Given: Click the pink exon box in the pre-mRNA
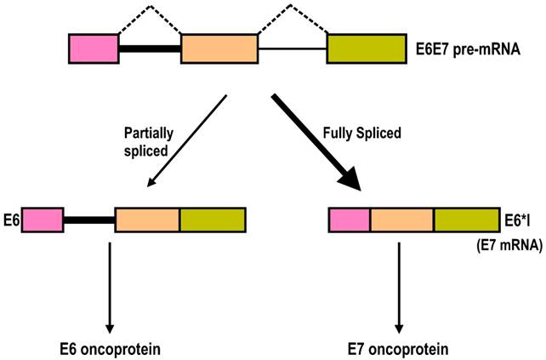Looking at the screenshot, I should (x=94, y=49).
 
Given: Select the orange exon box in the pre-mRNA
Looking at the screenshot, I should (x=219, y=49).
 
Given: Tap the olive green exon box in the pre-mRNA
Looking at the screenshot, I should (x=367, y=49).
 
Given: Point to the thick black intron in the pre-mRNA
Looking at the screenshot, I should (x=150, y=49).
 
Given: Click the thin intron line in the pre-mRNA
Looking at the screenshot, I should (x=293, y=49).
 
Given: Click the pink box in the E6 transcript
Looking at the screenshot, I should (x=43, y=220).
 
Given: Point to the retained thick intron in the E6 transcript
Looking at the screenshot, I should (x=88, y=220).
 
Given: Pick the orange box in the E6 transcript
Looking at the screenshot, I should (x=147, y=220).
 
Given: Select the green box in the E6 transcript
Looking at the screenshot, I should (x=212, y=220).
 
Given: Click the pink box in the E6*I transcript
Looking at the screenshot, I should (x=349, y=220).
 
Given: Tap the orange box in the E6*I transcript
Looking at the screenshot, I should (x=401, y=220).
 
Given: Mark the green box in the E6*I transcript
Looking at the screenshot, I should (x=467, y=220).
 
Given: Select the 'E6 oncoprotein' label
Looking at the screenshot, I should (x=110, y=348).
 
